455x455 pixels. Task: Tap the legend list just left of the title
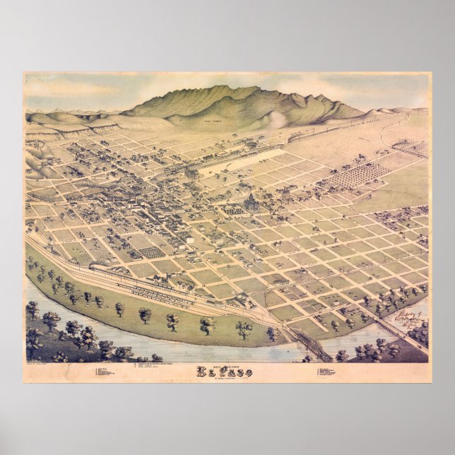(x=159, y=368)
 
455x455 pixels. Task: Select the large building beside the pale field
(x=191, y=172)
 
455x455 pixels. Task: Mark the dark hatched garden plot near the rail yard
(x=150, y=251)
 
